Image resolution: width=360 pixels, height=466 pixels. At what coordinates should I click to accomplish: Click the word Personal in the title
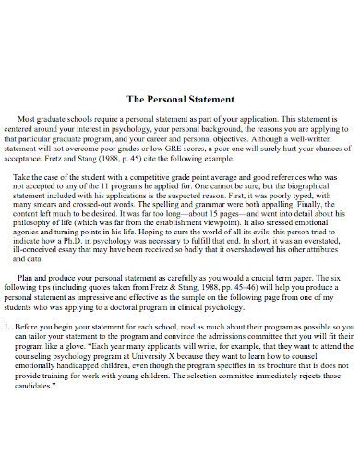159,98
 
